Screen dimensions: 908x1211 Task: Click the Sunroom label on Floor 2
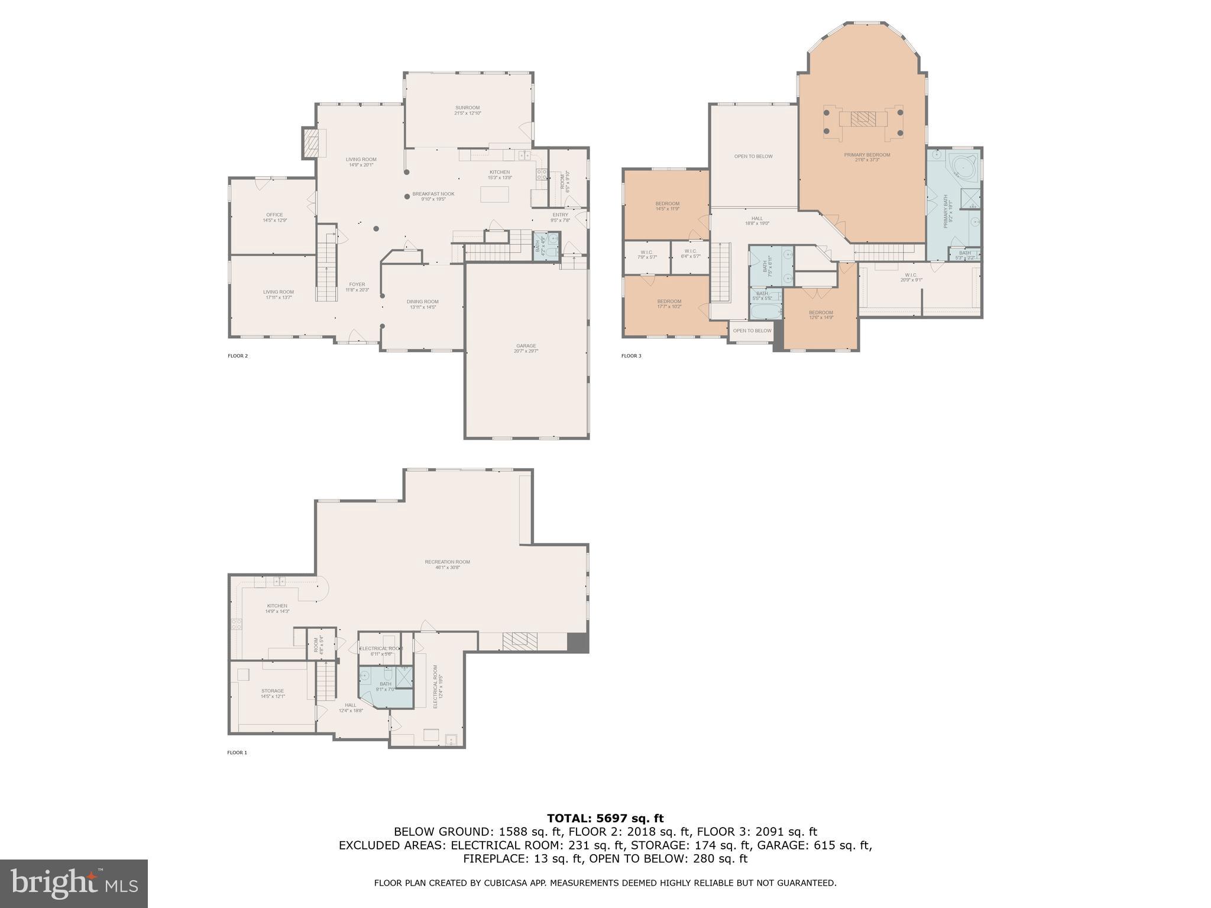point(467,110)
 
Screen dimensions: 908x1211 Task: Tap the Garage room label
point(526,348)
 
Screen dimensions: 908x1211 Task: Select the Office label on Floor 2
point(274,218)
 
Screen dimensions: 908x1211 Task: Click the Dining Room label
point(422,304)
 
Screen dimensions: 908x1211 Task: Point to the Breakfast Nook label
point(433,196)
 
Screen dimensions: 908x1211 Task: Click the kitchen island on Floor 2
point(494,194)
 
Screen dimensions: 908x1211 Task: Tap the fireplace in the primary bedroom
point(863,119)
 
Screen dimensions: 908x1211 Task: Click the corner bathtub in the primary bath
point(963,168)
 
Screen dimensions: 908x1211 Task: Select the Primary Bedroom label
point(867,157)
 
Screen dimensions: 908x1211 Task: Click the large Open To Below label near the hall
point(753,157)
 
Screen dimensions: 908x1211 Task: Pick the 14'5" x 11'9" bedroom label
point(667,206)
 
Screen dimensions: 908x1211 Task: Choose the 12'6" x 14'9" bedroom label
point(821,314)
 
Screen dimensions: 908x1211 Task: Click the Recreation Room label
point(447,565)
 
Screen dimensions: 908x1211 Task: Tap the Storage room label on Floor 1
point(273,693)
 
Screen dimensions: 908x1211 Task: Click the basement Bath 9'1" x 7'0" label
point(386,686)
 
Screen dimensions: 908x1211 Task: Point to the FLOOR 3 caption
point(631,356)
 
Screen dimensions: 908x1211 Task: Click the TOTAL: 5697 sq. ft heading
point(605,818)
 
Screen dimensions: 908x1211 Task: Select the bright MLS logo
point(73,883)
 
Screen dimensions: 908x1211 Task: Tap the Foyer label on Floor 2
point(357,287)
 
